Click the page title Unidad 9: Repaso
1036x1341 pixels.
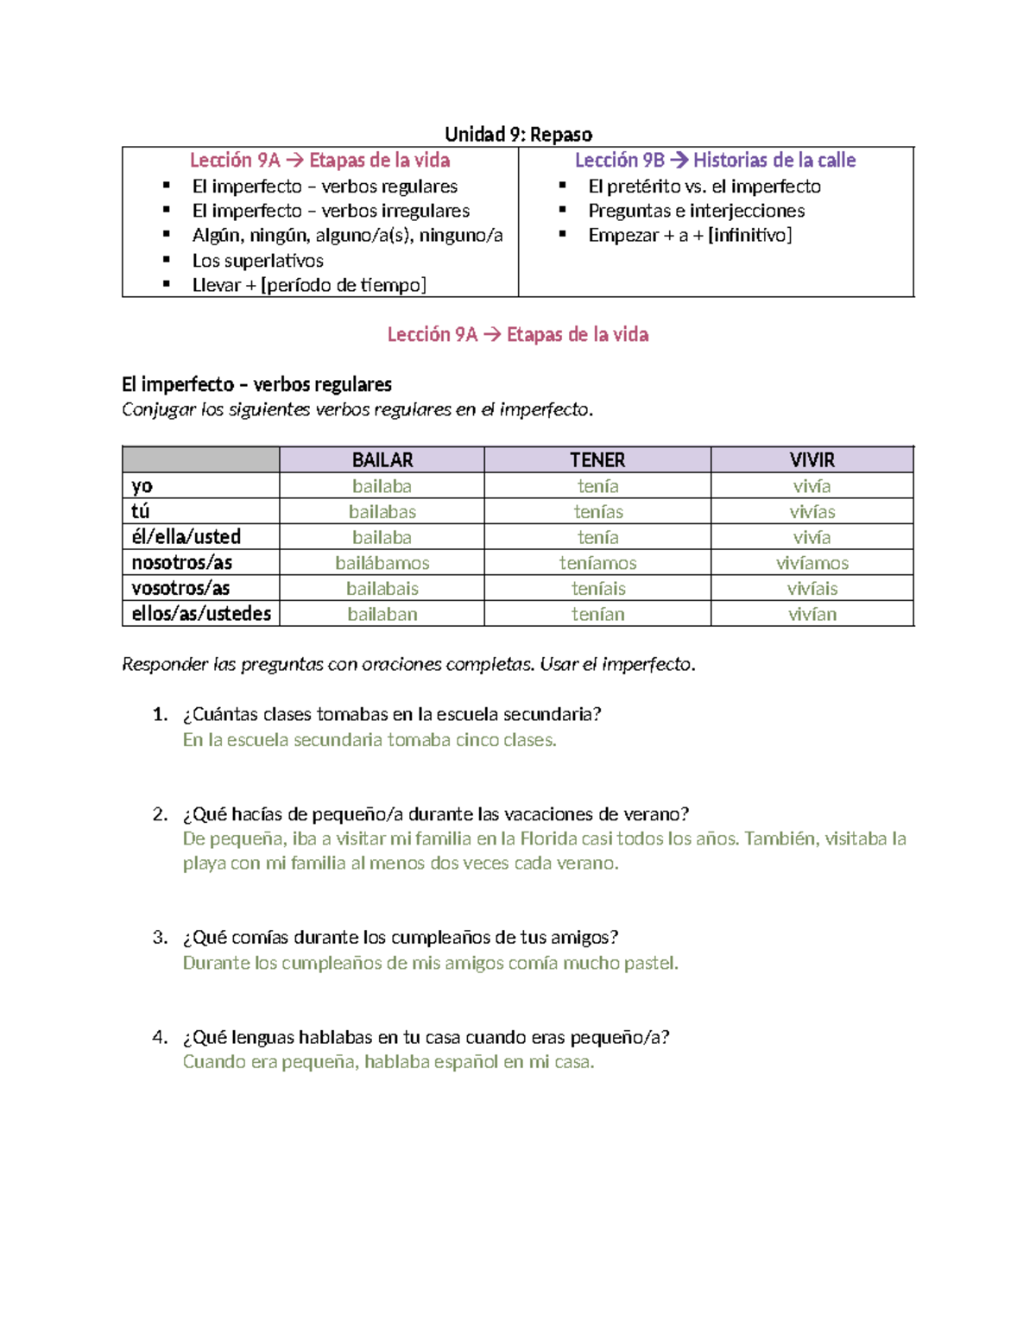tap(518, 134)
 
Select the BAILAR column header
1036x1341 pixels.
tap(382, 460)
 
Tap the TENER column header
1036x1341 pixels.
tap(597, 460)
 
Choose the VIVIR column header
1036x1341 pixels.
tap(812, 460)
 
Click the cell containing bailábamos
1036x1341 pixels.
tap(382, 563)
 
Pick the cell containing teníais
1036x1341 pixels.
tap(597, 589)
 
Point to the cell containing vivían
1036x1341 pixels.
tap(812, 614)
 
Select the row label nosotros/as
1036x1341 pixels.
tap(181, 563)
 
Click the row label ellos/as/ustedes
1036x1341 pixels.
tap(201, 614)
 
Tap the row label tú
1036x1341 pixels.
tap(141, 511)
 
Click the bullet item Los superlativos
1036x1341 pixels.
tap(257, 261)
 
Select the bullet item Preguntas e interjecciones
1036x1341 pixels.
tap(696, 211)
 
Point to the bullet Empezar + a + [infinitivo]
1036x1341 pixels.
tap(690, 235)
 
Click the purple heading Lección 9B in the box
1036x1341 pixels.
tap(715, 161)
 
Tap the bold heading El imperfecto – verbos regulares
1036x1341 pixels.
tap(256, 384)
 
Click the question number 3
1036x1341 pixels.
tap(160, 938)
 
